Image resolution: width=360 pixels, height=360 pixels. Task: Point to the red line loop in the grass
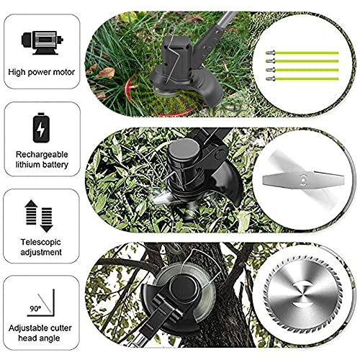[133, 94]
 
